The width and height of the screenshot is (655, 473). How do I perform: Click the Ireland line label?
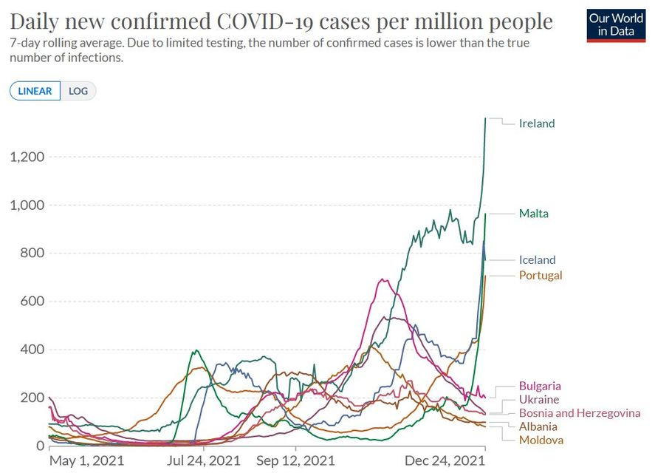point(537,123)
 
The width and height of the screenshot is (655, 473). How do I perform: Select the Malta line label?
point(534,214)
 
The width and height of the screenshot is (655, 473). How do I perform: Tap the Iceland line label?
point(537,259)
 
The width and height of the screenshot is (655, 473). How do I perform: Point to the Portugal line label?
point(541,275)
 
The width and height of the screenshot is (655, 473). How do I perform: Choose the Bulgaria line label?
point(540,385)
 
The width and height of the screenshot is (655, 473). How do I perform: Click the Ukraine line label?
point(538,399)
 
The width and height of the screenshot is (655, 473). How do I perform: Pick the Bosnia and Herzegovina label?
point(580,412)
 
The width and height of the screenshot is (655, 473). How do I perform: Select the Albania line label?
point(538,426)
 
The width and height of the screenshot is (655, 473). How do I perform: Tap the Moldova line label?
point(541,440)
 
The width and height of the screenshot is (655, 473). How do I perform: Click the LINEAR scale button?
point(35,91)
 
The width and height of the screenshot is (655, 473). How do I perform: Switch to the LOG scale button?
point(78,91)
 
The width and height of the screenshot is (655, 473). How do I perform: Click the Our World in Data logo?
point(616,24)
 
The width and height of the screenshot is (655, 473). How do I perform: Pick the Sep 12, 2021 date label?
point(295,460)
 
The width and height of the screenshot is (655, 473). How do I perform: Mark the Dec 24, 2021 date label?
point(446,460)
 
